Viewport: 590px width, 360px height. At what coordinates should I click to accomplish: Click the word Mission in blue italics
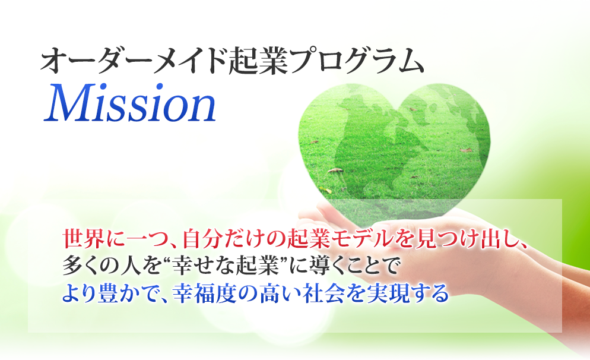pos(129,103)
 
